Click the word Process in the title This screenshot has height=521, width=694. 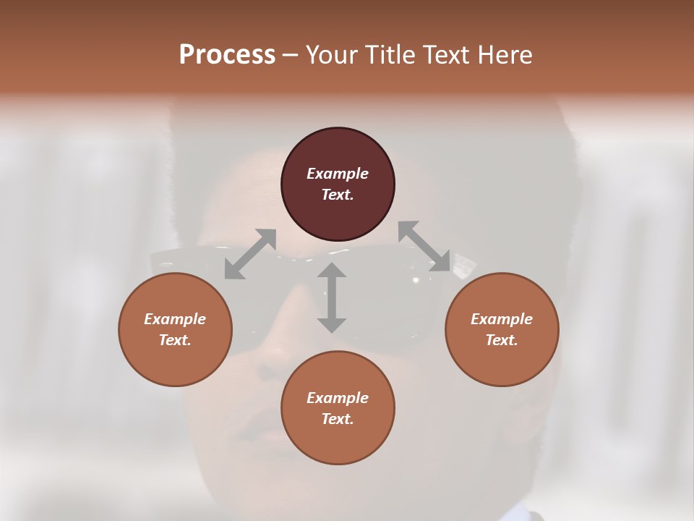[x=227, y=55]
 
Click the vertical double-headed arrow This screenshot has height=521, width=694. [x=332, y=297]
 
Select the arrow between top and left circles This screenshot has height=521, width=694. [x=250, y=254]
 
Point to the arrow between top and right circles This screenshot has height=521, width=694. [x=424, y=246]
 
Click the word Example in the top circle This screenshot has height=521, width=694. [x=338, y=174]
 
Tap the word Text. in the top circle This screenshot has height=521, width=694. [x=338, y=195]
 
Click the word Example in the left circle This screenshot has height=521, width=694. [x=175, y=319]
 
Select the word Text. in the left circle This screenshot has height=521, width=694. [x=175, y=340]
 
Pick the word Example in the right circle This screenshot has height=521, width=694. [x=502, y=319]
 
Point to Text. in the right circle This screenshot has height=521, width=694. [x=502, y=340]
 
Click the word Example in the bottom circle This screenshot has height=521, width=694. [x=338, y=398]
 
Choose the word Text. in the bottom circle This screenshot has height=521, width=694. [x=338, y=419]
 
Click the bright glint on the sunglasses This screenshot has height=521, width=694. [x=416, y=279]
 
